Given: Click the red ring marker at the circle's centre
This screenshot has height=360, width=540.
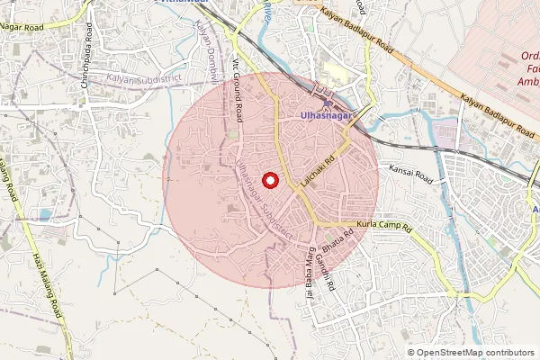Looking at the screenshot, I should click(x=267, y=179).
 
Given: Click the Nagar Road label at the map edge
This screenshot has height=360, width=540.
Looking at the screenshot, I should click(x=23, y=27).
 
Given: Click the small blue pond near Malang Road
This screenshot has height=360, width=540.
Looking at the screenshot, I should click(x=44, y=215).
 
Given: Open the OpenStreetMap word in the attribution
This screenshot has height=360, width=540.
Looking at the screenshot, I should click(x=451, y=353).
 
